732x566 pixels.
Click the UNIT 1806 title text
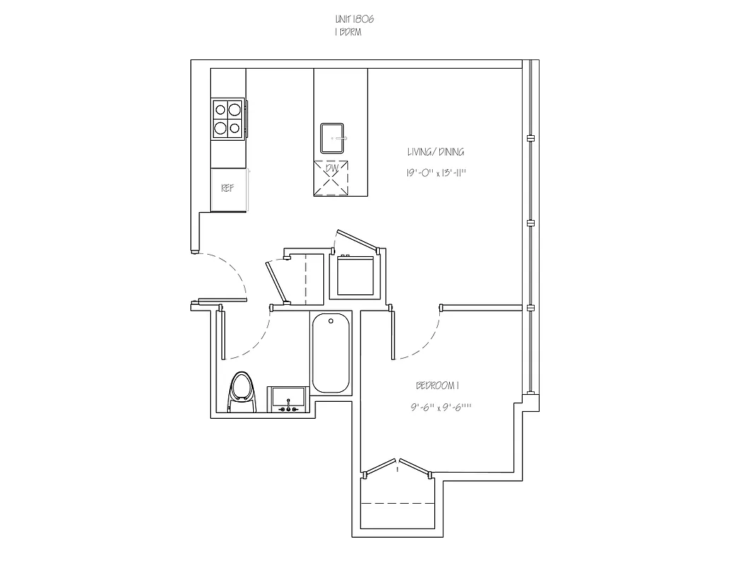click(x=355, y=21)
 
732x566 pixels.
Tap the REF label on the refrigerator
click(x=227, y=188)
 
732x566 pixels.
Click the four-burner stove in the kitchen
click(x=228, y=119)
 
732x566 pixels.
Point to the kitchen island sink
click(x=332, y=137)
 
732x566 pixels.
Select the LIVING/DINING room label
click(x=436, y=152)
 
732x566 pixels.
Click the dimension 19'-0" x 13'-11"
click(x=436, y=172)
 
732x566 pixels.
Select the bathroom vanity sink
click(x=288, y=399)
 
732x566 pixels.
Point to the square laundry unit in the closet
click(x=356, y=277)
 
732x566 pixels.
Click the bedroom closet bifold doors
click(x=397, y=467)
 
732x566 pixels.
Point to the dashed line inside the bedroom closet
click(x=397, y=504)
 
